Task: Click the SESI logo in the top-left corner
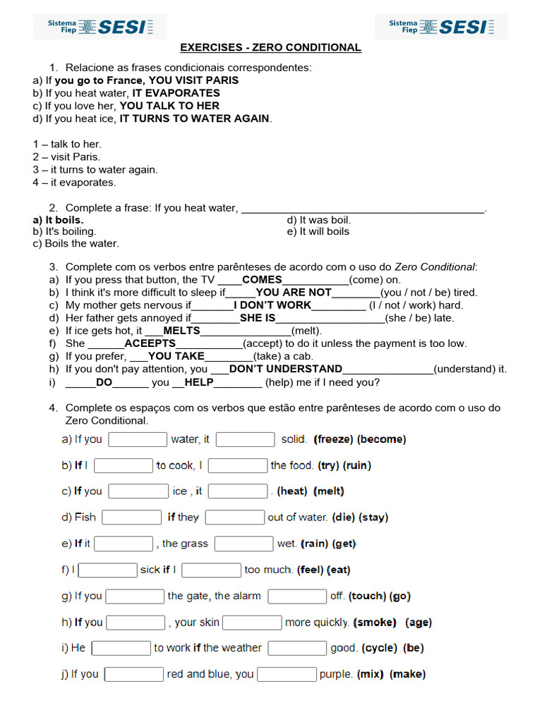tap(100, 27)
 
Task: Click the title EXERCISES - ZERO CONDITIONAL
tap(270, 47)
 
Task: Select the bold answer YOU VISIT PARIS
tap(193, 80)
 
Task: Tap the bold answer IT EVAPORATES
tap(176, 93)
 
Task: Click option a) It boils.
tap(58, 220)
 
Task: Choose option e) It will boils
tap(318, 231)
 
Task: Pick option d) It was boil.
tap(319, 220)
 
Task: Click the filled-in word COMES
tap(262, 280)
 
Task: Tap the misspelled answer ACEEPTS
tap(150, 343)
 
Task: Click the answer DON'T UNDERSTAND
tap(285, 369)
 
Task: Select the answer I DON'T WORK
tap(272, 305)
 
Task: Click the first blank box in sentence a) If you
tap(138, 439)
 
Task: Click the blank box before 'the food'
tap(238, 465)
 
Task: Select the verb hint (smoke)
tap(375, 623)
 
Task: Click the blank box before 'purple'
tap(287, 674)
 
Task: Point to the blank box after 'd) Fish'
tap(131, 518)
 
